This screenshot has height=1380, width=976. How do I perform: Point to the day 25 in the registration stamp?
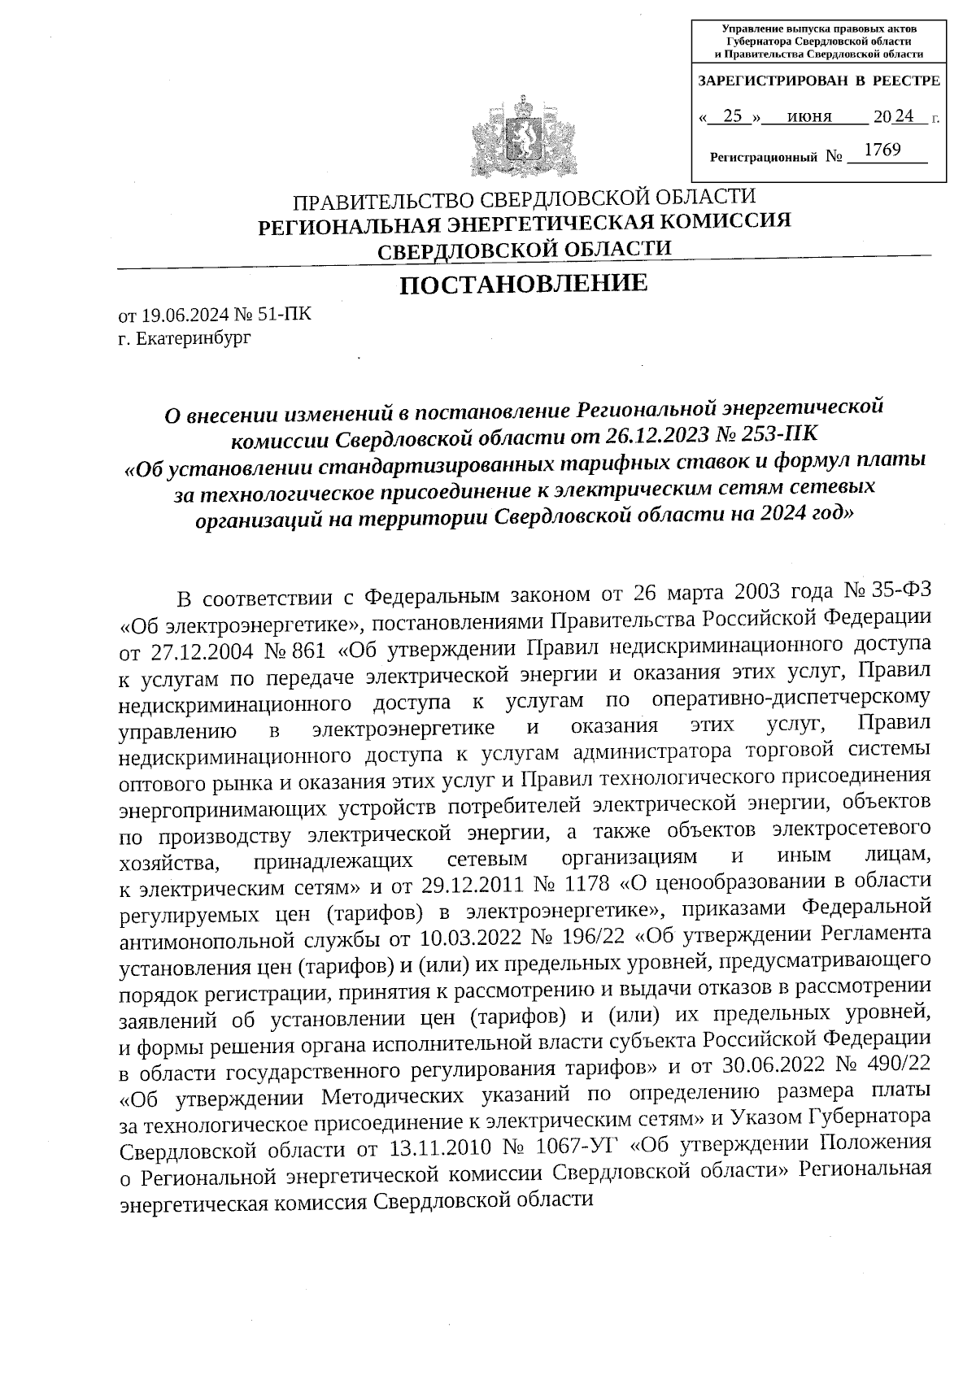(733, 117)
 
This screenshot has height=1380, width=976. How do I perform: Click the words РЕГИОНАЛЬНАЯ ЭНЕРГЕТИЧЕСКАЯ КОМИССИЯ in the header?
(524, 222)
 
